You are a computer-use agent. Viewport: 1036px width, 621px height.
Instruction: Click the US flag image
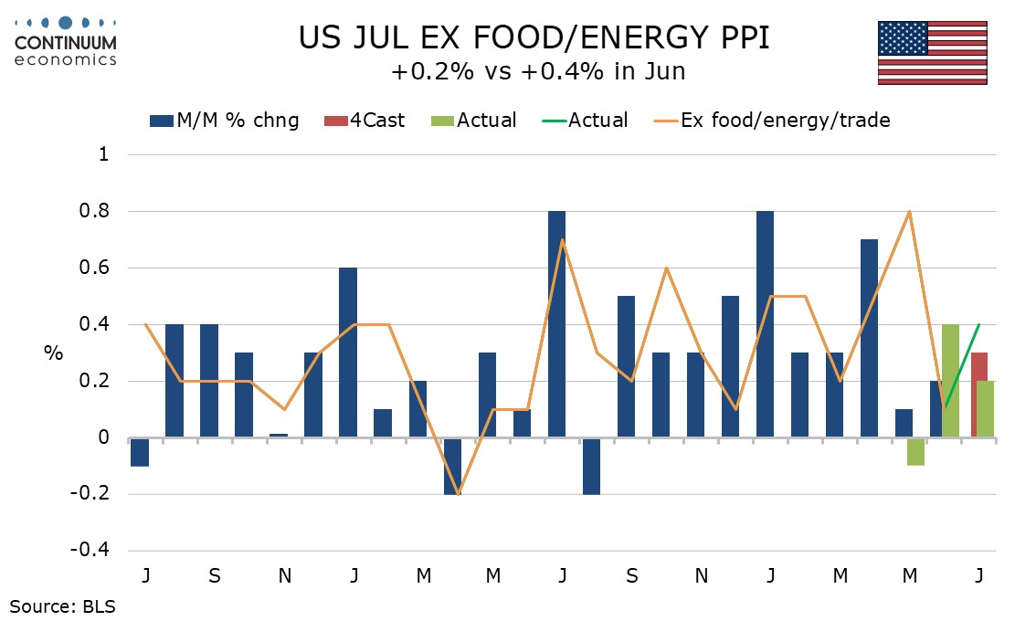(932, 53)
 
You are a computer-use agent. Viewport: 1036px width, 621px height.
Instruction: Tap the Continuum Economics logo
(65, 42)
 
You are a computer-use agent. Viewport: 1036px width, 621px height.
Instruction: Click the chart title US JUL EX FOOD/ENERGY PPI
(534, 37)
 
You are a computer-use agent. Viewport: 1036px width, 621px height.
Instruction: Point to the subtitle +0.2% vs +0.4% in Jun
(538, 71)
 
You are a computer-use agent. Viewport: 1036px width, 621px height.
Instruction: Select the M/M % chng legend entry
(224, 121)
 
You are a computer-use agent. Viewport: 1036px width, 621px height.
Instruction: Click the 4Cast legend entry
(364, 121)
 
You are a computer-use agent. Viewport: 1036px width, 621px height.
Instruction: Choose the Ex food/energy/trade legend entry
(772, 121)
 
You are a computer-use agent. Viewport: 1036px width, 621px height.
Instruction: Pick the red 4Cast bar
(979, 395)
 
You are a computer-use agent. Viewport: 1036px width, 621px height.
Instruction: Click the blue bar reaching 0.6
(347, 353)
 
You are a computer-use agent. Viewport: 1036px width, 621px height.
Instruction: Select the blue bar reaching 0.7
(869, 338)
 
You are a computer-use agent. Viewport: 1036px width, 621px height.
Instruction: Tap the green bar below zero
(915, 452)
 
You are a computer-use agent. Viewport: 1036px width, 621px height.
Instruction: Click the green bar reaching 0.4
(950, 381)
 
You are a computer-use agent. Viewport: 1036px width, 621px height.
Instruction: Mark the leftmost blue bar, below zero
(140, 452)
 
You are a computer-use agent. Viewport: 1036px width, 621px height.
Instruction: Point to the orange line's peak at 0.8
(910, 211)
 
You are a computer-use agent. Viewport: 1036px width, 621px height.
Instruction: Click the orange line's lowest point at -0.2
(458, 494)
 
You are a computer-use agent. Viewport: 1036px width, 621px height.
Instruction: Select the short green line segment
(962, 366)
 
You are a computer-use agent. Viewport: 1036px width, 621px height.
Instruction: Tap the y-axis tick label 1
(104, 154)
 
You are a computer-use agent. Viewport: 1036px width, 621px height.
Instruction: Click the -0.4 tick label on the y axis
(90, 550)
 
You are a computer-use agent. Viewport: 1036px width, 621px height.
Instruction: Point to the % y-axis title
(54, 353)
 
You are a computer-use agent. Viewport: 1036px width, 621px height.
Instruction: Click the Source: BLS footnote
(63, 605)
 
